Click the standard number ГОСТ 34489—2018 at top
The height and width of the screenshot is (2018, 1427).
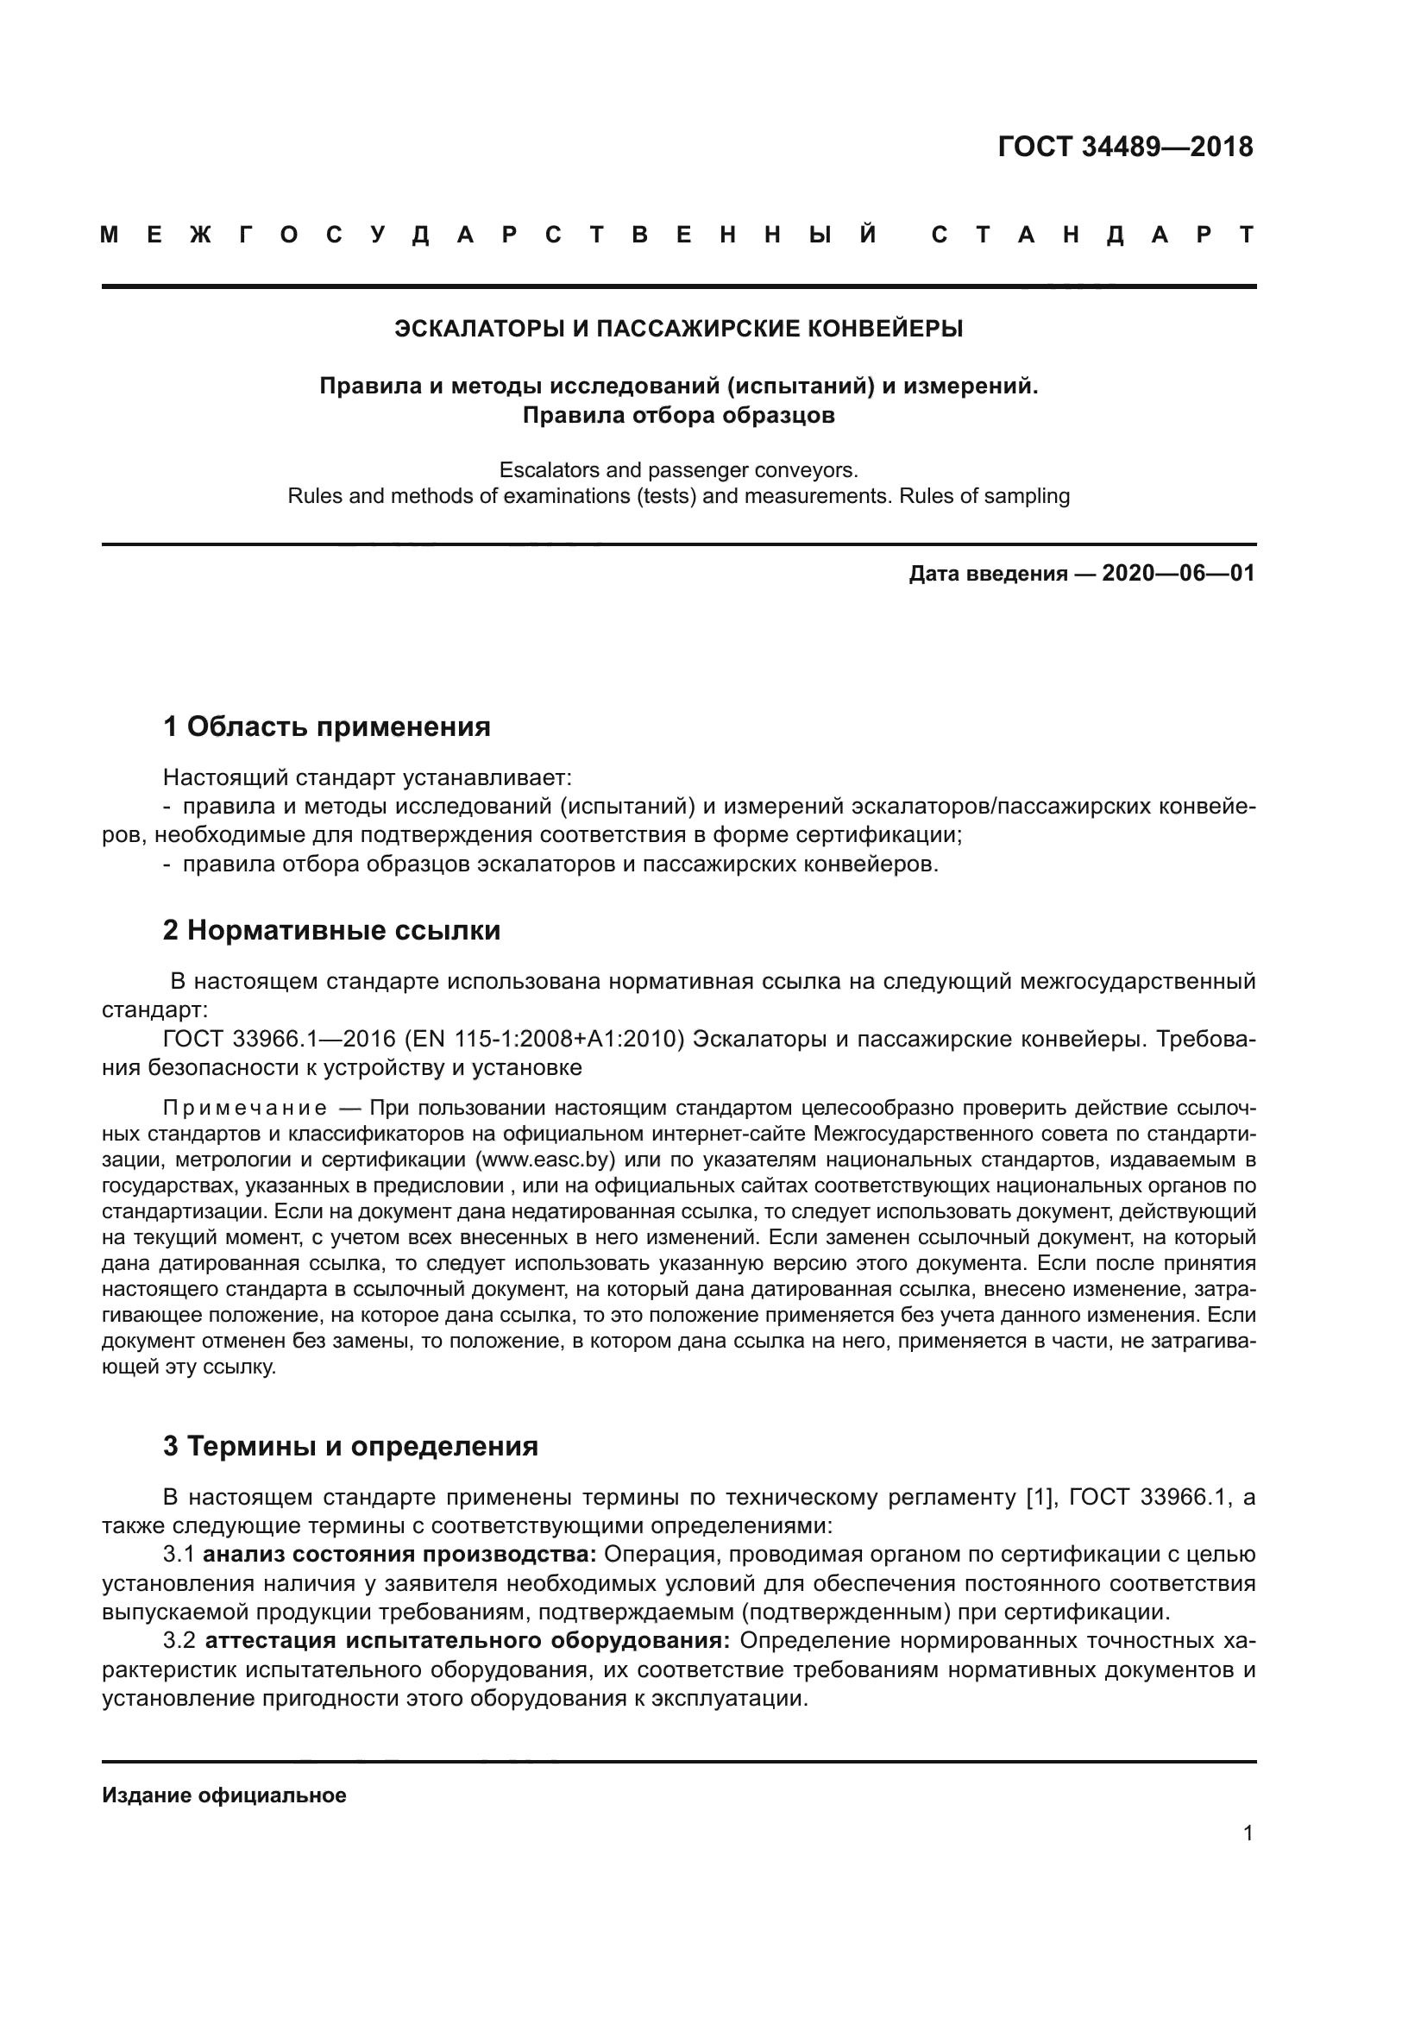click(x=1125, y=147)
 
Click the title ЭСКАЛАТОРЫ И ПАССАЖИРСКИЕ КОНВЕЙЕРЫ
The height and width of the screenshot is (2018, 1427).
click(x=678, y=329)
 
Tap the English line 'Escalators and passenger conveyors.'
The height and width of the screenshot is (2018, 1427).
click(x=678, y=469)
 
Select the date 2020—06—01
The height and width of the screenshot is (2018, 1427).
click(x=1178, y=574)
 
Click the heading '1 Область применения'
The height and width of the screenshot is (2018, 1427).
click(x=326, y=726)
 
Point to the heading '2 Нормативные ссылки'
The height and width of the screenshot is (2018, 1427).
click(x=331, y=930)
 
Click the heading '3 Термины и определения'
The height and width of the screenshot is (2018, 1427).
click(x=349, y=1446)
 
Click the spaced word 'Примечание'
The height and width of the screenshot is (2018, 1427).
click(x=245, y=1108)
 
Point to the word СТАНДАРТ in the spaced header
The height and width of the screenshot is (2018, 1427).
click(x=1092, y=235)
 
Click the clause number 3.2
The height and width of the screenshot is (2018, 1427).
click(x=179, y=1641)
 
